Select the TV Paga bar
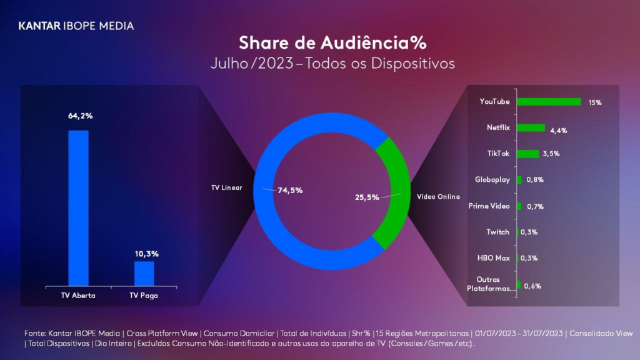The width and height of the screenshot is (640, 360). click(x=144, y=274)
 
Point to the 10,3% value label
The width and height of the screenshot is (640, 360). click(x=146, y=254)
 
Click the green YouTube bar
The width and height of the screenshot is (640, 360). click(x=549, y=102)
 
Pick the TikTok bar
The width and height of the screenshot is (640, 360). click(x=527, y=154)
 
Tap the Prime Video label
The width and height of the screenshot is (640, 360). click(x=489, y=206)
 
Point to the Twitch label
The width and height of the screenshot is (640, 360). click(x=498, y=232)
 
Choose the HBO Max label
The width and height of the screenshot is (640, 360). click(x=494, y=257)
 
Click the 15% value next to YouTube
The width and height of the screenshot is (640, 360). click(x=594, y=102)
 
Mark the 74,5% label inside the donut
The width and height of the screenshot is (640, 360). click(x=290, y=191)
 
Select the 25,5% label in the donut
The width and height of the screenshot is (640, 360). click(x=367, y=197)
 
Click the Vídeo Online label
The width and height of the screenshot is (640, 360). click(x=438, y=197)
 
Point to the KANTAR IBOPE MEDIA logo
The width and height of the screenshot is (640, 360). click(x=76, y=26)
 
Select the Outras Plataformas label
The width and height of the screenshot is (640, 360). click(x=492, y=284)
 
